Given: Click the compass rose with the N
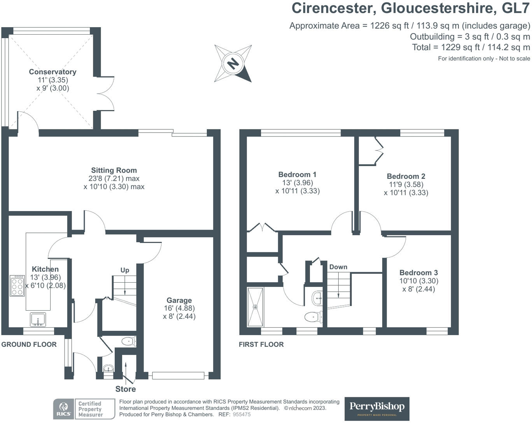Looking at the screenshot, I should point(233,63).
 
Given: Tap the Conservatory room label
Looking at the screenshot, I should point(52,72).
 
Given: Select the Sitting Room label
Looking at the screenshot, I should point(114,170).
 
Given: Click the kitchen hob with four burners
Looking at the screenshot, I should point(17,286).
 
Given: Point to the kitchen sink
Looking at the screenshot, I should point(38,320).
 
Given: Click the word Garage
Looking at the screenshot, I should point(179,300).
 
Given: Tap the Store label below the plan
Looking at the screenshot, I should point(125,389).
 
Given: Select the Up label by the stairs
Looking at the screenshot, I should point(125,270).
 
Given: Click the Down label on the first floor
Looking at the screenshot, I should point(338,267).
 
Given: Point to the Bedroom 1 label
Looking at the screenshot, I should point(297,175).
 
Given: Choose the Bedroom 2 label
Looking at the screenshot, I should point(406,176).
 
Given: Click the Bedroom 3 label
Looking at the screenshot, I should point(418,273).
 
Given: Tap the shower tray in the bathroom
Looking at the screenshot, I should point(255,307).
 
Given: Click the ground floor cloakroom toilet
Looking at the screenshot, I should point(128,341).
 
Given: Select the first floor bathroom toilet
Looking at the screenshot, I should point(313,317).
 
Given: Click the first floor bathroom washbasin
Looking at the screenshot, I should point(317,298).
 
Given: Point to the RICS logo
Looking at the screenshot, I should point(63,409).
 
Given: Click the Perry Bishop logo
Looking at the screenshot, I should point(376,409).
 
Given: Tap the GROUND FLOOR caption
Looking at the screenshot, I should point(29,344).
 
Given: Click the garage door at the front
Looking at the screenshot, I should point(178,376).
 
